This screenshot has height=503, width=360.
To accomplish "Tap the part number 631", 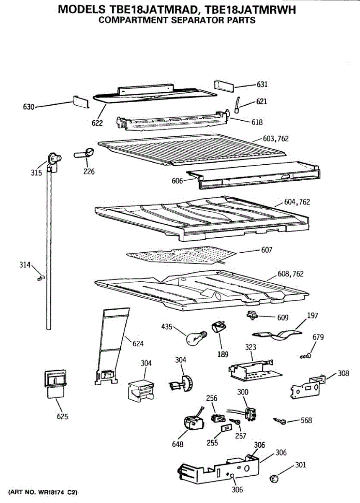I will pos(262,85).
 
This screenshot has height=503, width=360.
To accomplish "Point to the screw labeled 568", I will pos(280,420).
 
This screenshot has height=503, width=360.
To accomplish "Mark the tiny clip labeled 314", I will pos(41,277).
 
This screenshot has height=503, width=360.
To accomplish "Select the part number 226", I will pos(88,171).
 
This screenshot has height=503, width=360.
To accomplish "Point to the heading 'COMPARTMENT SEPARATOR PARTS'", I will pos(177,20).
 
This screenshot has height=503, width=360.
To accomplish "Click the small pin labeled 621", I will pos(238,105).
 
